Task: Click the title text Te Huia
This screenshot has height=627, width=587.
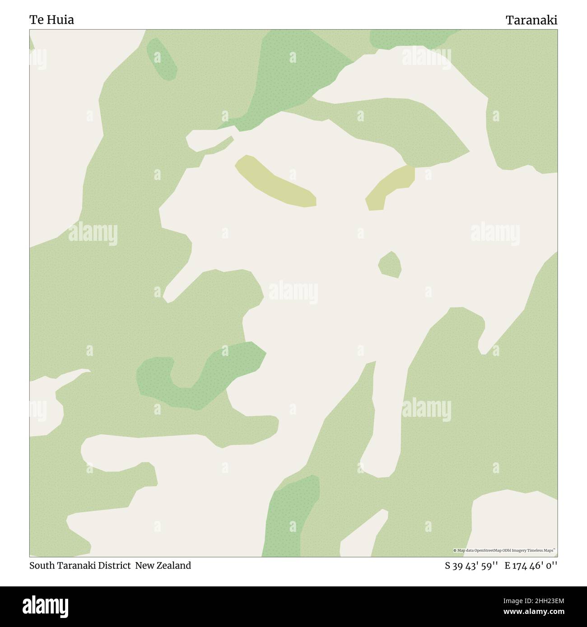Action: tap(51, 20)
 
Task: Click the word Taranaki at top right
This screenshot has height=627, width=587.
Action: tap(531, 20)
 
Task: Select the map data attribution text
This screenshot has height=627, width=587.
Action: tap(504, 550)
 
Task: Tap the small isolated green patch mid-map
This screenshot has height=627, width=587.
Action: tap(390, 265)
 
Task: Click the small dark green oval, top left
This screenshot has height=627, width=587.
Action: tap(162, 59)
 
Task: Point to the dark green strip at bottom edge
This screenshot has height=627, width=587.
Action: tap(289, 519)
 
